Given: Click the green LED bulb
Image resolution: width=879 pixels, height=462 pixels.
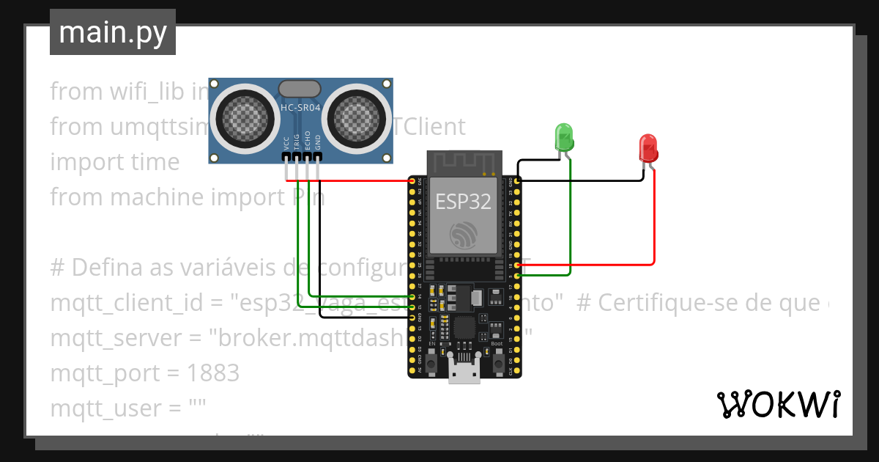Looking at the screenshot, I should (x=564, y=137).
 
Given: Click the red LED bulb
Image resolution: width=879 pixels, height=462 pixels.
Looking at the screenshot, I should (x=648, y=147).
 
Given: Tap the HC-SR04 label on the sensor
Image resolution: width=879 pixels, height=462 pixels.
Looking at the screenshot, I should (x=300, y=108).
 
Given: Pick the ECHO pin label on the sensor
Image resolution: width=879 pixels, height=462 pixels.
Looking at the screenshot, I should (x=308, y=141).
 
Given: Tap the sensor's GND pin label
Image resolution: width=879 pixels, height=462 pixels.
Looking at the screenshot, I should (x=318, y=143).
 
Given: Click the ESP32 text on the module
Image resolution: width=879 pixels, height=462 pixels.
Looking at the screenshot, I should (x=463, y=201).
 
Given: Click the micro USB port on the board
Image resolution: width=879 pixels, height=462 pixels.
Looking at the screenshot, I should (x=464, y=373).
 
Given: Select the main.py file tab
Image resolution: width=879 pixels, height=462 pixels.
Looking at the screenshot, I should (x=113, y=32).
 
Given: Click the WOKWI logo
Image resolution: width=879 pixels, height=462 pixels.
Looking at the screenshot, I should (x=778, y=404).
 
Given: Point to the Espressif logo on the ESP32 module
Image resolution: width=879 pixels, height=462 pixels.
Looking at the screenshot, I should (x=464, y=233).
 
